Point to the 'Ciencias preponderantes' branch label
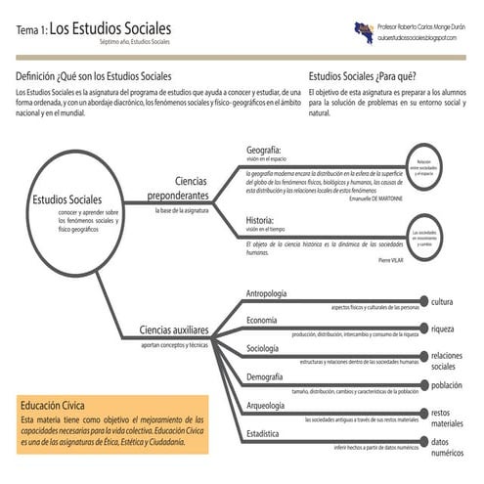[x=178, y=189]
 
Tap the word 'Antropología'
[x=267, y=293]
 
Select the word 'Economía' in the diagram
[x=262, y=321]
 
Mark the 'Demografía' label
[x=265, y=376]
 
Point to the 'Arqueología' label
[x=266, y=405]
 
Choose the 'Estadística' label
[x=264, y=432]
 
